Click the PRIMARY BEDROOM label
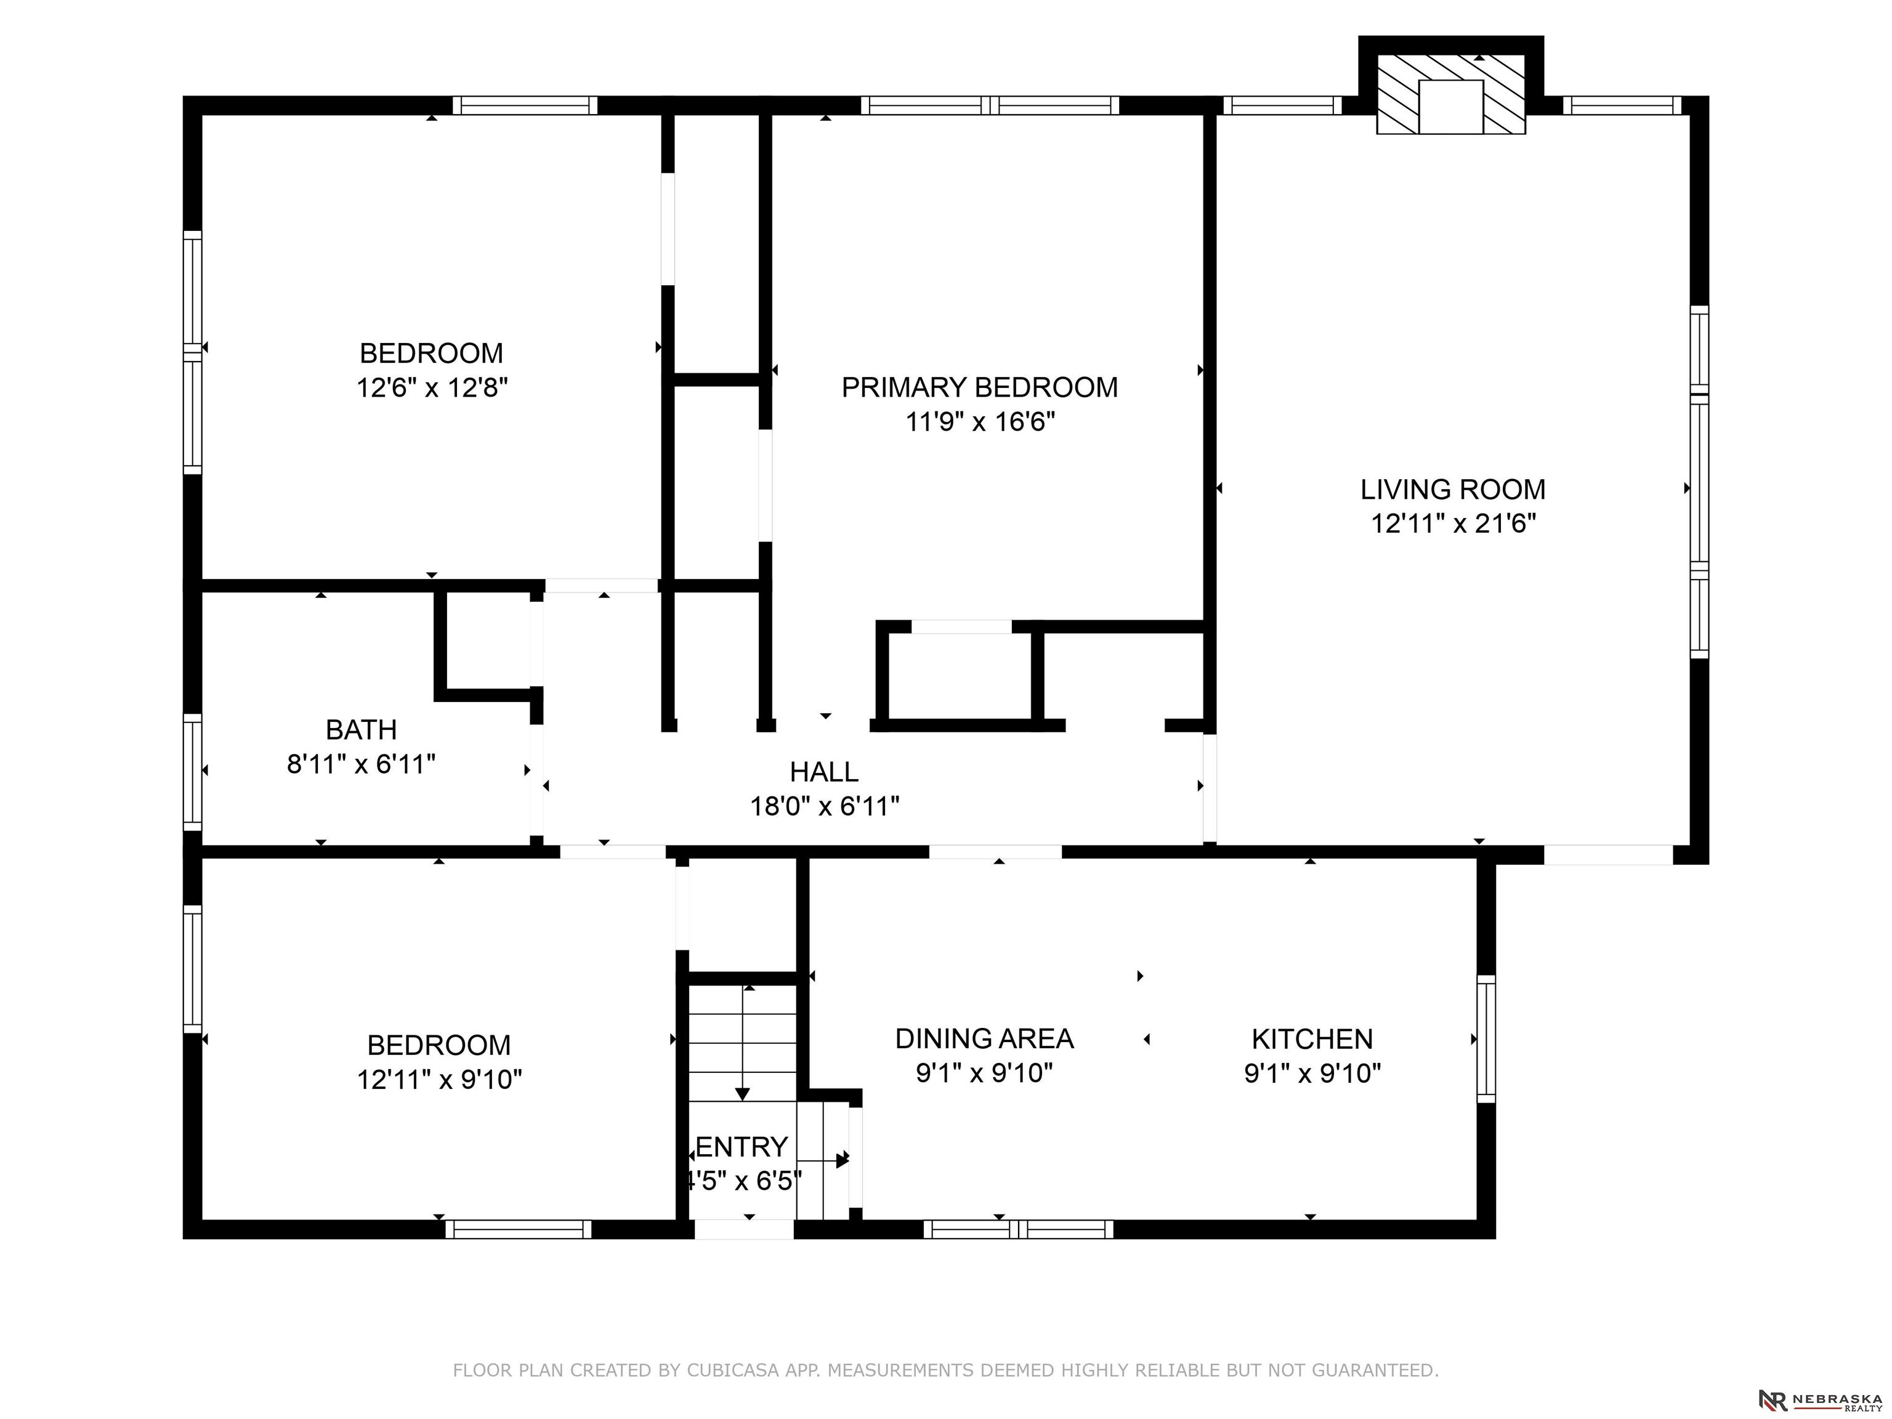979,387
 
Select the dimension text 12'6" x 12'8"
432,387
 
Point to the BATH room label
361,730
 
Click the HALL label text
823,772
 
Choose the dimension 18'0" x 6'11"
825,806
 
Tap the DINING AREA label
984,1038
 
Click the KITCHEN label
1312,1039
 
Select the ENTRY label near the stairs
742,1146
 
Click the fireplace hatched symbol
1450,95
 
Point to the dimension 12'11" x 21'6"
1454,524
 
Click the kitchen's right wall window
1487,1038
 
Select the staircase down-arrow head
742,1094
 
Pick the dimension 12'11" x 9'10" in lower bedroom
440,1080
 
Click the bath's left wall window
193,772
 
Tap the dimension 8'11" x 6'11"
361,764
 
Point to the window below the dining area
1018,1229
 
